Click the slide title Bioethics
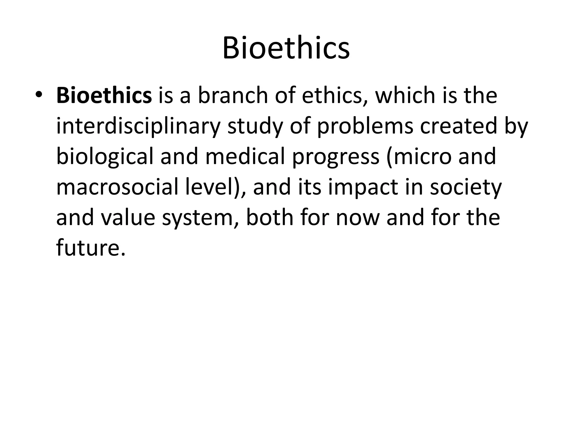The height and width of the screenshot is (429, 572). click(286, 48)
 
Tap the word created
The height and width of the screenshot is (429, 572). click(459, 126)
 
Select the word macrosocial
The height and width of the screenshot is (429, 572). click(117, 187)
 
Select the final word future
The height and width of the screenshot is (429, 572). click(89, 248)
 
